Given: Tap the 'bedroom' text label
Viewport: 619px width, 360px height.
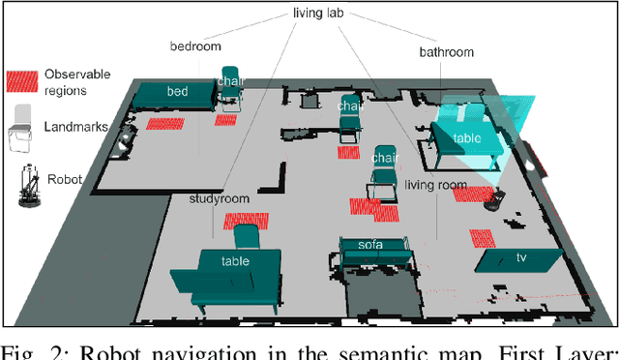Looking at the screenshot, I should [x=195, y=45].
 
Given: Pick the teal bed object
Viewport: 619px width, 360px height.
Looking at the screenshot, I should [x=175, y=94].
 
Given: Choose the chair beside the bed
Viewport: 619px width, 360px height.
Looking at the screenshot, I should [x=230, y=88].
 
